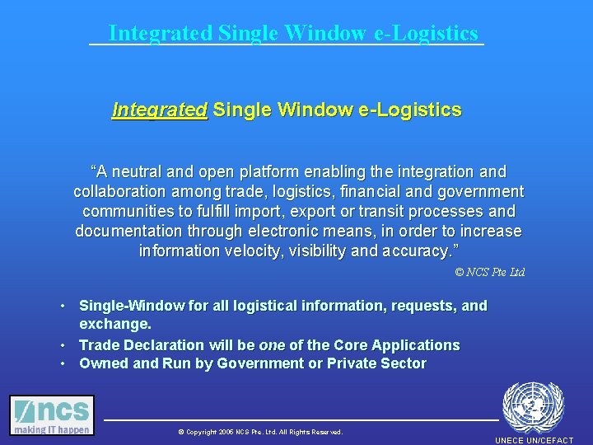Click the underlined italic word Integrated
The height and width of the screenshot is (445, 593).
click(159, 110)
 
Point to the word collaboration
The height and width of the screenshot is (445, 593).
click(120, 192)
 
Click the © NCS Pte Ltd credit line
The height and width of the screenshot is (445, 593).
click(489, 272)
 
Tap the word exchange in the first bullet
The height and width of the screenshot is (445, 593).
click(114, 325)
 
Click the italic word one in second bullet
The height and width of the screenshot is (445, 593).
click(272, 345)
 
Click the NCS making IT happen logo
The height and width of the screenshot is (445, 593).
click(52, 415)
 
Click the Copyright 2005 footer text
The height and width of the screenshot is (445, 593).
click(259, 432)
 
